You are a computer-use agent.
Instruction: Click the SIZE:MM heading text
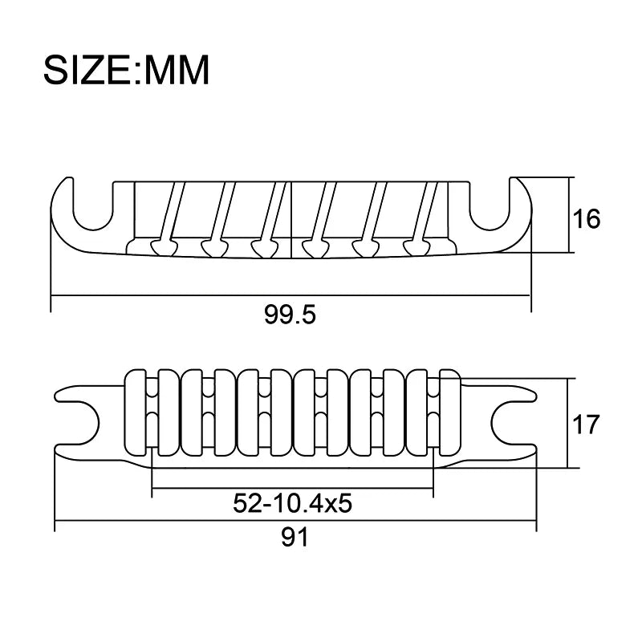[126, 71]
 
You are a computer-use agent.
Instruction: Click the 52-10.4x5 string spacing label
[294, 503]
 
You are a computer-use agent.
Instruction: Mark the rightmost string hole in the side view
[415, 246]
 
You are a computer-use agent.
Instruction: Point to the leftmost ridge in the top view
[137, 418]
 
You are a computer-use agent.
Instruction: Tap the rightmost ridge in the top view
[449, 418]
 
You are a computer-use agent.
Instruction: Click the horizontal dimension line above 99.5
[291, 296]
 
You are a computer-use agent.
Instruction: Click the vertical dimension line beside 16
[571, 215]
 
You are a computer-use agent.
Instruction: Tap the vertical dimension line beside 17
[569, 423]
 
